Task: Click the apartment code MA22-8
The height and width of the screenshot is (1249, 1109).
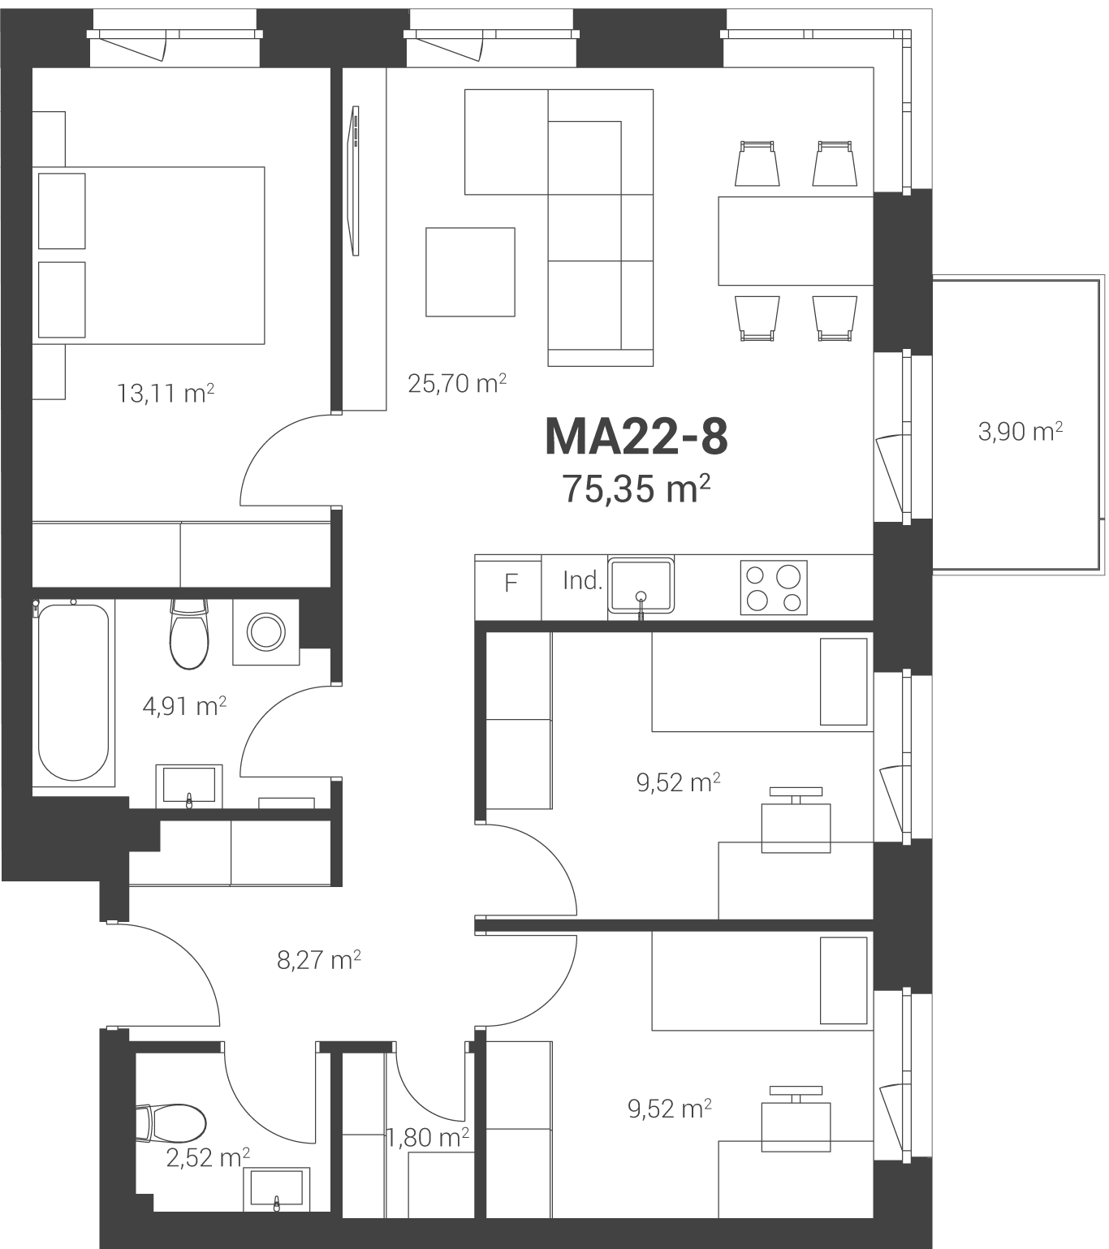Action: tap(636, 437)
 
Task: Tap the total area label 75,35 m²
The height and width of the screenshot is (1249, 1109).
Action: tap(636, 489)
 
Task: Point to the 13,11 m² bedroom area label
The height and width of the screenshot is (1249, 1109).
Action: tap(166, 394)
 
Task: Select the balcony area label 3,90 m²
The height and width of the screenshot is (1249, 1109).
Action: tap(1021, 432)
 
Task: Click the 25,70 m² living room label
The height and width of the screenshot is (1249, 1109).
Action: tap(457, 383)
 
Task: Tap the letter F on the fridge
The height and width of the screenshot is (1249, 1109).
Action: tap(511, 584)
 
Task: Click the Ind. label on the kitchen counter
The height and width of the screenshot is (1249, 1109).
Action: tap(582, 581)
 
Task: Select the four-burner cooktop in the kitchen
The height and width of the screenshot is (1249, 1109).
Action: tap(774, 588)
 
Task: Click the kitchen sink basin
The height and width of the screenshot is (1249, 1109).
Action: tap(641, 586)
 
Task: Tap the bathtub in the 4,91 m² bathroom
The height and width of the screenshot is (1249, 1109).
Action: tap(73, 692)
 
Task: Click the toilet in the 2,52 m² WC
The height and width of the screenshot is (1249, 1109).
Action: tap(171, 1123)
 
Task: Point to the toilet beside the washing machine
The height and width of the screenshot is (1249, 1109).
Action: tap(189, 635)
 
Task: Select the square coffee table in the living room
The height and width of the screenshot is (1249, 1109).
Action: tap(470, 272)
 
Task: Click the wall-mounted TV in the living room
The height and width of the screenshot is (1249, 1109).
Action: tap(355, 181)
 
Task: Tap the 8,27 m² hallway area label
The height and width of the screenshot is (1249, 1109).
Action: tap(319, 960)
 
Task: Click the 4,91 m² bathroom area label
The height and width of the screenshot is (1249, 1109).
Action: tap(184, 707)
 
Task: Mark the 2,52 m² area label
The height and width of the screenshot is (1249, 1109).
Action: tap(208, 1158)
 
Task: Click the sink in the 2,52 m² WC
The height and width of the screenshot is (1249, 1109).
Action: tap(276, 1189)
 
